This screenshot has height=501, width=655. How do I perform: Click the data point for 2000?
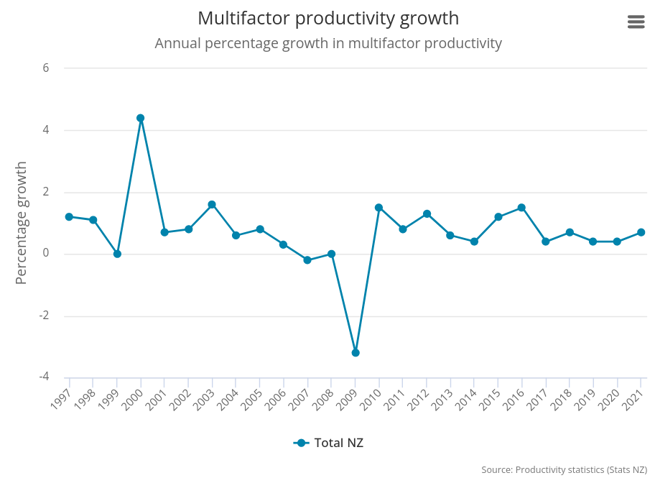[x=141, y=118]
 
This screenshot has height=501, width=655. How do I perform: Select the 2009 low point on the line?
[x=356, y=353]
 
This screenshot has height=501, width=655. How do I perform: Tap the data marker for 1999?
[x=117, y=254]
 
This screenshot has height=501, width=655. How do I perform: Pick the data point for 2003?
[x=212, y=205]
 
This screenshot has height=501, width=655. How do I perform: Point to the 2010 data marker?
[x=378, y=208]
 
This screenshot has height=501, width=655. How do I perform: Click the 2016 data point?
[x=521, y=208]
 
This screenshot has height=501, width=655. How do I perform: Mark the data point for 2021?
[x=641, y=232]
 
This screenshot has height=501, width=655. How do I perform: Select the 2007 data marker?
[x=307, y=260]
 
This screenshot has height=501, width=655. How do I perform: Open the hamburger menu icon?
[x=636, y=22]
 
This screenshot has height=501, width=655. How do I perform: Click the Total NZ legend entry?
[x=329, y=443]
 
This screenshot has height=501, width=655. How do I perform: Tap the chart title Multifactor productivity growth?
[x=328, y=18]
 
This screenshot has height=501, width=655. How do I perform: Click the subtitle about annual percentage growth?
[x=328, y=43]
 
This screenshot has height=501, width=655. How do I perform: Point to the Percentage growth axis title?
[x=21, y=223]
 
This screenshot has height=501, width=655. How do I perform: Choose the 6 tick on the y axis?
[x=46, y=68]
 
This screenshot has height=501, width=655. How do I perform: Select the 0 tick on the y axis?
[x=46, y=253]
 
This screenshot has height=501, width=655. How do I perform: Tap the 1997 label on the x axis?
[x=62, y=397]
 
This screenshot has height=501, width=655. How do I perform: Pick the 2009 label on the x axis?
[x=348, y=397]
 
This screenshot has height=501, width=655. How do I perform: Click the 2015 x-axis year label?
[x=491, y=397]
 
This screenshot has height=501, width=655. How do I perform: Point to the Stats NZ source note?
[x=564, y=470]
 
